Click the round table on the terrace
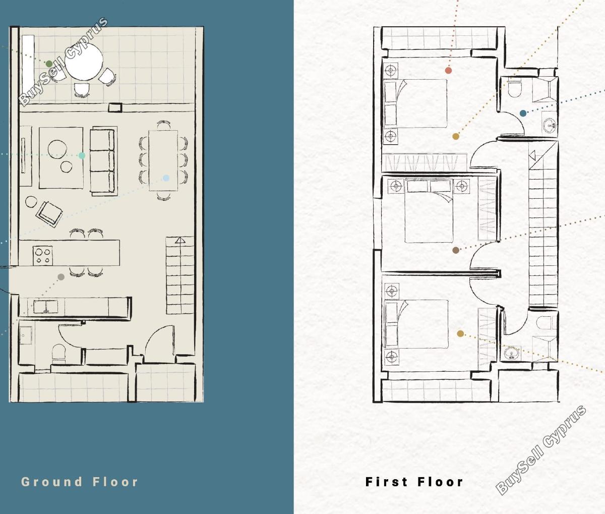coord(84,62)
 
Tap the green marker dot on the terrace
coord(49,64)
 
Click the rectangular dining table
coord(163,160)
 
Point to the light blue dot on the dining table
coord(166,178)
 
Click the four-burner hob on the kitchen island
coord(43,256)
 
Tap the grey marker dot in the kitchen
coord(61,277)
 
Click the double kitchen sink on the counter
coord(45,307)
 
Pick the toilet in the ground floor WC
coord(59,354)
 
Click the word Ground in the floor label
coord(51,482)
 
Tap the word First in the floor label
coord(386,482)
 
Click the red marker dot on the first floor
coord(448,70)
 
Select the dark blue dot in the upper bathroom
coord(523,113)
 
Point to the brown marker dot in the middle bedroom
coord(456,250)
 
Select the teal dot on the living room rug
coord(82,155)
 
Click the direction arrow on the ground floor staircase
coord(180,241)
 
